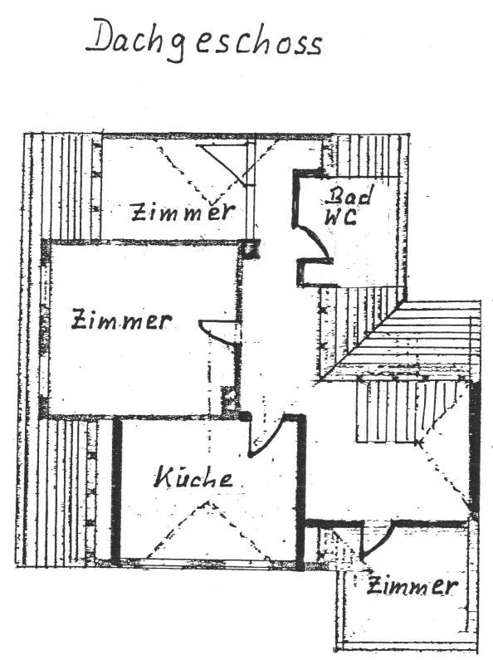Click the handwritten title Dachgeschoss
[x=204, y=41]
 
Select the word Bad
[x=350, y=196]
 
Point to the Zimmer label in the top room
[x=183, y=212]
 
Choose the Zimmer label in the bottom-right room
[x=412, y=586]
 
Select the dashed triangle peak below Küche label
[x=208, y=502]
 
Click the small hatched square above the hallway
[x=251, y=248]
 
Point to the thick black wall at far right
[x=475, y=446]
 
